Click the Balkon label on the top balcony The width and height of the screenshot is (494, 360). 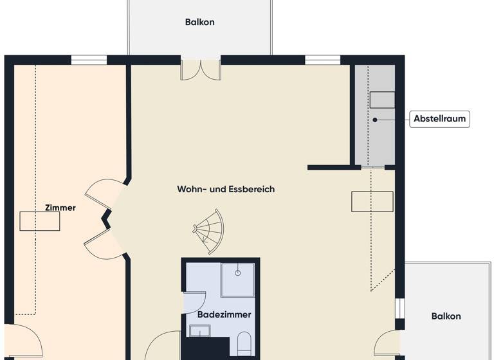[x=199, y=22]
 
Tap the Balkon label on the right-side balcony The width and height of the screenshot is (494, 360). [x=446, y=316]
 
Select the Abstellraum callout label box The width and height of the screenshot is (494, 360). [x=439, y=119]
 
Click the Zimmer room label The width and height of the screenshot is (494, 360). [x=60, y=208]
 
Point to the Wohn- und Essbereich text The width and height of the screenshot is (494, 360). [x=226, y=189]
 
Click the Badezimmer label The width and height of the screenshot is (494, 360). [x=224, y=315]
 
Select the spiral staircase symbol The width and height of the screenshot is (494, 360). [x=209, y=231]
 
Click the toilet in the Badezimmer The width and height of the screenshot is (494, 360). [x=244, y=343]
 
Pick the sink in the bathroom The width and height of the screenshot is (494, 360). [x=200, y=331]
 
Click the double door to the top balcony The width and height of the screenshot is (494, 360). [x=201, y=69]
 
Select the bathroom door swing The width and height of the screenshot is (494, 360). [x=194, y=302]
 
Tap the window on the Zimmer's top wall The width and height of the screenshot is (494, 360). [x=89, y=60]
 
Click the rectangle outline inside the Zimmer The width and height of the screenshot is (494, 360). [x=40, y=221]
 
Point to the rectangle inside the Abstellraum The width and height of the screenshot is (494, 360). [x=381, y=100]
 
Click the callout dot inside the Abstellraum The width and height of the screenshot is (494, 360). [x=376, y=119]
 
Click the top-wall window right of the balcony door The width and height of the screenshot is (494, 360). [x=322, y=60]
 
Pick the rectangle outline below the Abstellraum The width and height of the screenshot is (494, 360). [x=372, y=201]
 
